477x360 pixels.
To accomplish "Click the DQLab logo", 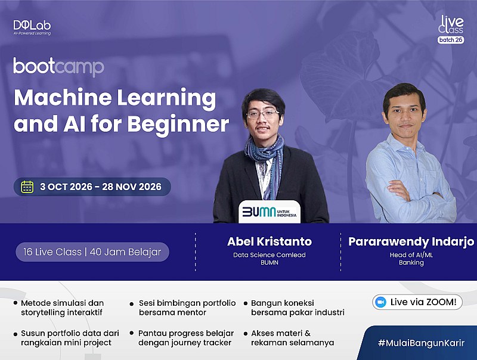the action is coord(32,27).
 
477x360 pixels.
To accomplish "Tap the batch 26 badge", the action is coord(451,40).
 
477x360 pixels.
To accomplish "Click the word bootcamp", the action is coord(58,67).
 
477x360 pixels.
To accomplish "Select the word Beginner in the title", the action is coord(178,124).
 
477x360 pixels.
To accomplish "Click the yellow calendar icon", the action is coord(27,187).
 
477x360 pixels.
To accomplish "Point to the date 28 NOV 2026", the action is coord(132,187).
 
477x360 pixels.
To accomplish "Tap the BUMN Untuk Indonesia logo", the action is coord(270,212).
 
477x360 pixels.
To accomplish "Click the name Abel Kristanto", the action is coord(270,241).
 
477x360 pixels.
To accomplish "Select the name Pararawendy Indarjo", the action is coord(411,241).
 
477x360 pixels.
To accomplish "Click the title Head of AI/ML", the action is coord(411,255).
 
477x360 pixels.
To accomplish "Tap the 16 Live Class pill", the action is coord(92,252).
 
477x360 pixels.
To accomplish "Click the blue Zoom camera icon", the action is coord(380,302).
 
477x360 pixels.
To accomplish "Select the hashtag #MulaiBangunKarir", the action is coord(421,343).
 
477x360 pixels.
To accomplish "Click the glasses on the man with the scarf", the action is coord(262,114).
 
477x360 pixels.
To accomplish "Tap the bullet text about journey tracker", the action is coord(186,338).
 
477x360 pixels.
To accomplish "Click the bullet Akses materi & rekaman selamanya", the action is coord(292,338).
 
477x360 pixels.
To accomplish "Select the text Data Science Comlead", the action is coord(270,255).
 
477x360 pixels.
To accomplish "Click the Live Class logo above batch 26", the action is coord(451,24).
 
